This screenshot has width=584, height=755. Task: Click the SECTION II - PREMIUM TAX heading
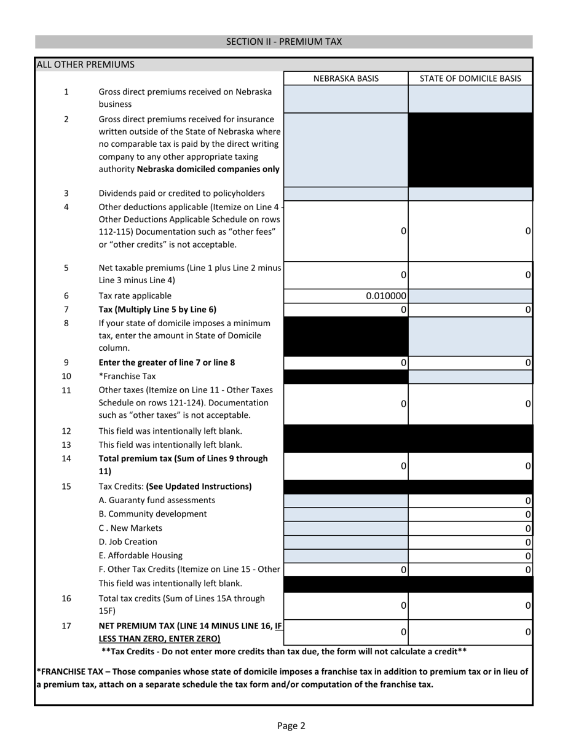pos(284,42)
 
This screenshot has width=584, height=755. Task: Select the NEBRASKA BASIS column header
pos(346,79)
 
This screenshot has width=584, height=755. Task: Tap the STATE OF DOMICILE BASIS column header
pos(470,79)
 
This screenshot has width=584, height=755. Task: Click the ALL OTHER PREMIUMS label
pos(85,65)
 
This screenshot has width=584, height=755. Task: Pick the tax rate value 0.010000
pos(386,296)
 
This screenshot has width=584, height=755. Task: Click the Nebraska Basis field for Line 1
pos(346,98)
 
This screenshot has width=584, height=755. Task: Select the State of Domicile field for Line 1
pos(470,98)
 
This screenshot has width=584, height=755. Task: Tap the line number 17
pos(66,626)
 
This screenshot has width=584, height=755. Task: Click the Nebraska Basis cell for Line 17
pos(346,632)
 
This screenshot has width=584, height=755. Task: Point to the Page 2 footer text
pos(291,726)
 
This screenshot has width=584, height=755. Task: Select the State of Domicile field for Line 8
pos(470,336)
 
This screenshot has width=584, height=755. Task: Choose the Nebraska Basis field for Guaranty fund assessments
pos(346,501)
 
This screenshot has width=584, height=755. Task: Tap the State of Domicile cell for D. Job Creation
pos(470,542)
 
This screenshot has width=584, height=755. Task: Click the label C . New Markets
pos(130,528)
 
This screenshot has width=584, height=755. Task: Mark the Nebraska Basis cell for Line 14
pos(346,466)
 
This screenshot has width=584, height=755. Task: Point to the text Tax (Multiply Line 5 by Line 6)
pos(157,310)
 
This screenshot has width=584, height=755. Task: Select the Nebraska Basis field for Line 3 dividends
pos(346,194)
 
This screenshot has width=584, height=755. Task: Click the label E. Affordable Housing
pos(141,556)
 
